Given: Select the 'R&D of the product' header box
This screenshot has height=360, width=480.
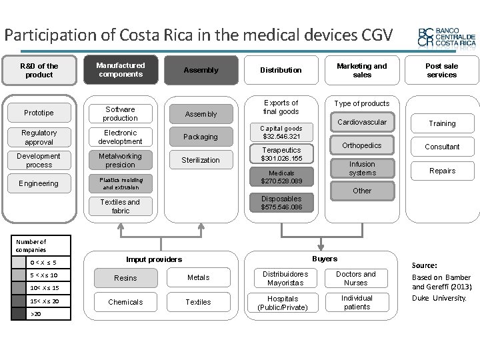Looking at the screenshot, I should coord(39,70).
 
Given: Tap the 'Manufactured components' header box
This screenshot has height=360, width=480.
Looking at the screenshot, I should coord(121,70).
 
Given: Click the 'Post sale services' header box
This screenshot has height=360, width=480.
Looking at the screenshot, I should coord(441,70).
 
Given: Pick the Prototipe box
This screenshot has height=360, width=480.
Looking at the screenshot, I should coord(39,113).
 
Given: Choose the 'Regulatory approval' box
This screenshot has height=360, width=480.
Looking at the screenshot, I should coord(39,137).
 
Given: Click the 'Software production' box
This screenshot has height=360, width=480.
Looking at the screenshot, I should coord(120,113).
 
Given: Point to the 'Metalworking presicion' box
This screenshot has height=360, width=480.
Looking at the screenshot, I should coord(120,161).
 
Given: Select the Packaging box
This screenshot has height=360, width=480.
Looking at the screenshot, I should coord(201,137).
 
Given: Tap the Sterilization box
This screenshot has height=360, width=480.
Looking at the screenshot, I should coord(201,160).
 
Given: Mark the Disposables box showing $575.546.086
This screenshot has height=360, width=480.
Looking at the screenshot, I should coord(281,203).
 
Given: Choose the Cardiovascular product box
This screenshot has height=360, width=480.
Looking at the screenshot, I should coord(362,123).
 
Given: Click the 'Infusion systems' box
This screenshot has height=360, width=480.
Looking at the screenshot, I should coord(362,169).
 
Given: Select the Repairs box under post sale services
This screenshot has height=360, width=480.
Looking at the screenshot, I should coord(442,171).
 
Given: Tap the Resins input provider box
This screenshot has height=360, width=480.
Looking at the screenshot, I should coord(125,278).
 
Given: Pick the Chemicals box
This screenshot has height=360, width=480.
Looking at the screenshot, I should coord(125,302).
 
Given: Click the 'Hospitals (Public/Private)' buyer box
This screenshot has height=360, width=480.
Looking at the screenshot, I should coord(283,303).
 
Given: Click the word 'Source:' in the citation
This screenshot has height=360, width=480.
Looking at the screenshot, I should coord(425,265).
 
